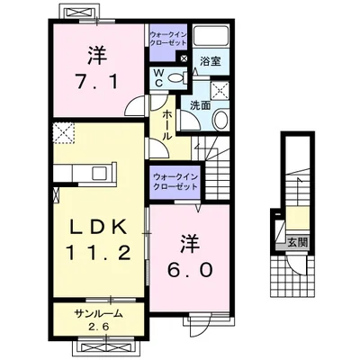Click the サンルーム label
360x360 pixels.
[96, 313]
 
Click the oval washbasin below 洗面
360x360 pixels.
[221, 120]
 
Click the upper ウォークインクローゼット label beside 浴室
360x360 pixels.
[169, 41]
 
